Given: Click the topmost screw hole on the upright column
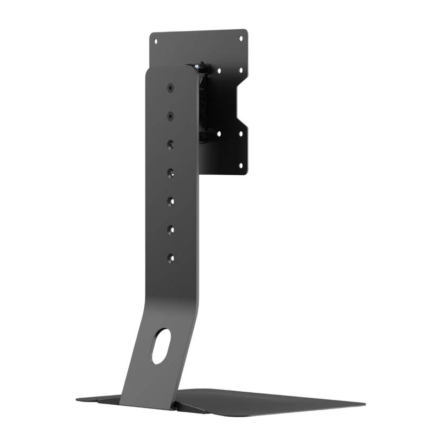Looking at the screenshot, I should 170,87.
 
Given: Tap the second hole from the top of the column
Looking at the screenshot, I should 170,116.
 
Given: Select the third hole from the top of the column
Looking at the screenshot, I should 170,144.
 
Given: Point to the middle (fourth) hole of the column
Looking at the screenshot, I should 170,173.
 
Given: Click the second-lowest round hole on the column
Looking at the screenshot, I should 170,229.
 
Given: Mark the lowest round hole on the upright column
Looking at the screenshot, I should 170,257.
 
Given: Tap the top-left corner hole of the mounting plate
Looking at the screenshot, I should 156,41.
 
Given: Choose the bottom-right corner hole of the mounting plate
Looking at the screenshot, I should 240,165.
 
